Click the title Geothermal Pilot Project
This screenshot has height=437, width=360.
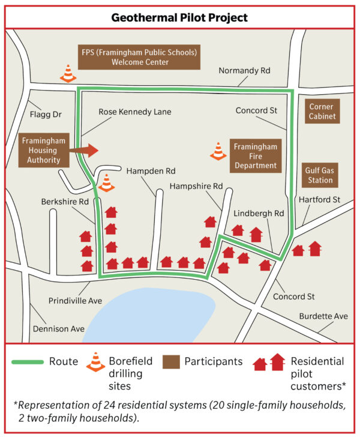point(179,17)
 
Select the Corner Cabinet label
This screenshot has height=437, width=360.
point(322,112)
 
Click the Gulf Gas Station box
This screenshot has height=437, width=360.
point(318,176)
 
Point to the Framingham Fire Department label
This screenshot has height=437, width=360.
point(255,156)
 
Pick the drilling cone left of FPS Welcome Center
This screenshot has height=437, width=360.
point(67,73)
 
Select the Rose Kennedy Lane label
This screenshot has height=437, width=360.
point(136,112)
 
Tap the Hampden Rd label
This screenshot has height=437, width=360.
point(151,171)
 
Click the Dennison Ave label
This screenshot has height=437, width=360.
point(62,329)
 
